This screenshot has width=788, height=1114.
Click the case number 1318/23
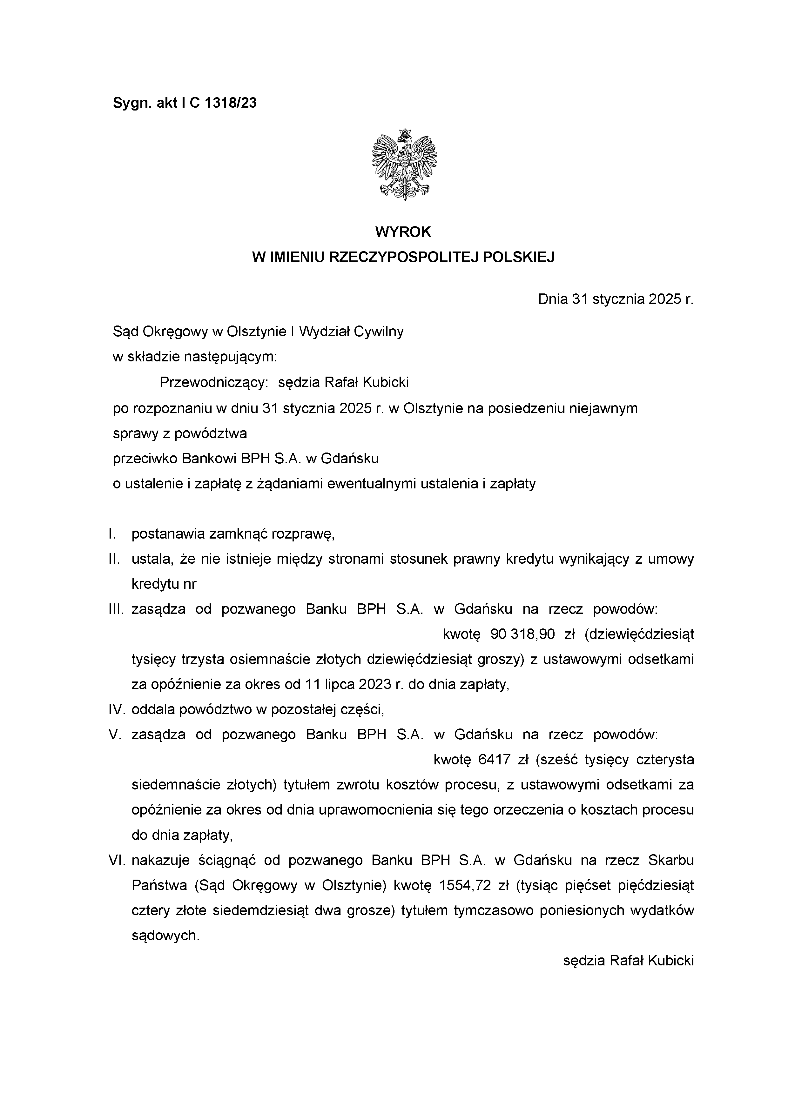click(x=231, y=103)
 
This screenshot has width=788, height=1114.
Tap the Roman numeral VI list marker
click(x=117, y=860)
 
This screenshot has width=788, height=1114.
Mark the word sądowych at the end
click(x=165, y=936)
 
